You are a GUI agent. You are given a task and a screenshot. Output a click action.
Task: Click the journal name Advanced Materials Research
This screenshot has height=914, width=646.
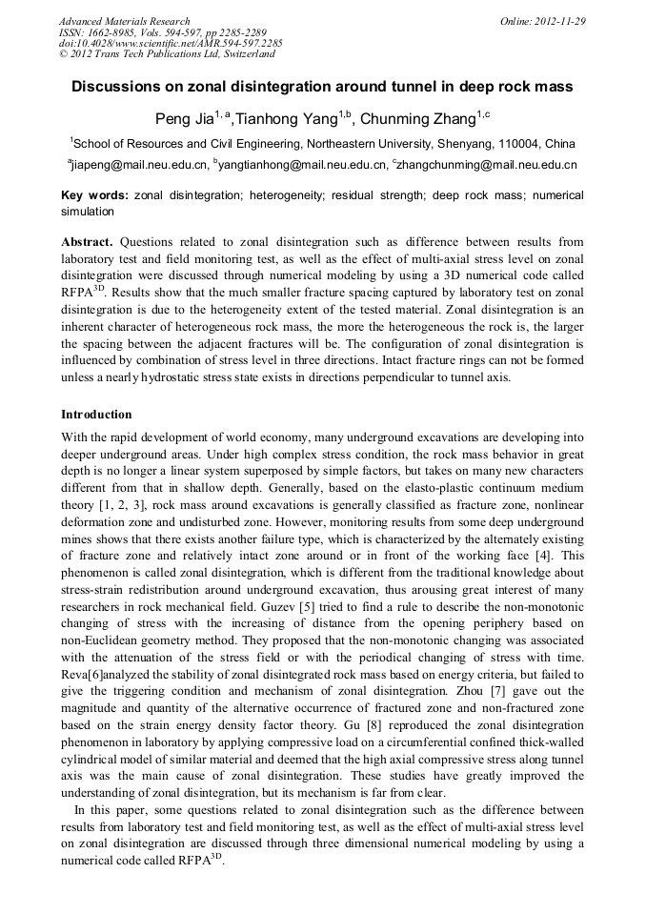(124, 21)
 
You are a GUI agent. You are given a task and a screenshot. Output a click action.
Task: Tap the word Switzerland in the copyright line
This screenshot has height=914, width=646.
(242, 54)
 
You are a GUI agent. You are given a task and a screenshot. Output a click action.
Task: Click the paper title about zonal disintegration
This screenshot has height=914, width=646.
(322, 87)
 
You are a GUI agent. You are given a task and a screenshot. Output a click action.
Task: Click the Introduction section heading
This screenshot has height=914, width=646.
(96, 415)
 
